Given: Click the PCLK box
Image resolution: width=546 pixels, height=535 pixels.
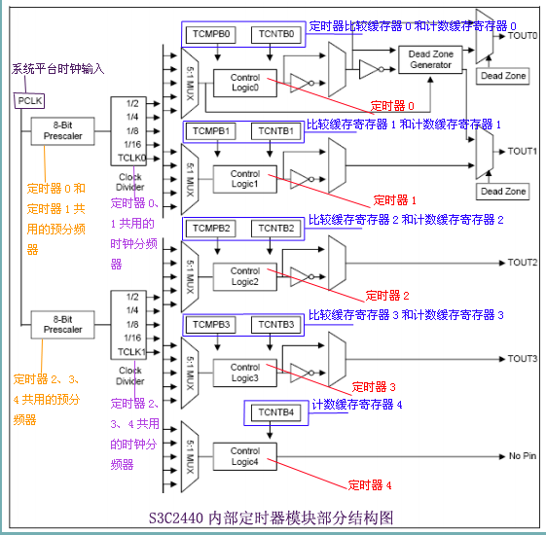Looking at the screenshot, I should coord(25,98).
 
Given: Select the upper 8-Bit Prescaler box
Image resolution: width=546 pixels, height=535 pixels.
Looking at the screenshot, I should coord(61,129).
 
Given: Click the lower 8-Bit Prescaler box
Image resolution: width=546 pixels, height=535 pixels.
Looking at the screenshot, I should coord(61,323).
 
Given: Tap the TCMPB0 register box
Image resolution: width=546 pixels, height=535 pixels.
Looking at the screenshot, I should coord(211,34).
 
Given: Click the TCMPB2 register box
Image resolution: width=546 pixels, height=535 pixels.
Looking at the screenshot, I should coord(211,228).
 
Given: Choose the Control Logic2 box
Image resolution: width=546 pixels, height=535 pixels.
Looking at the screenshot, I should coord(244,275).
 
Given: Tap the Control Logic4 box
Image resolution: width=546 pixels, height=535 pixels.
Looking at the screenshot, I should coord(244,455).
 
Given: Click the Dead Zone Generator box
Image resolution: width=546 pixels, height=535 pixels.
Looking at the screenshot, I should coord(431,59).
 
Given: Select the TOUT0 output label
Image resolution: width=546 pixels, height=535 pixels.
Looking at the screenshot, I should coord(523,36).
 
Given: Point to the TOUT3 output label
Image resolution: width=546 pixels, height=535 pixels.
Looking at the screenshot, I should coord(523,359).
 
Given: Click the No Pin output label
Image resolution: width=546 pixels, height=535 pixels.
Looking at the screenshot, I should coord(523,455).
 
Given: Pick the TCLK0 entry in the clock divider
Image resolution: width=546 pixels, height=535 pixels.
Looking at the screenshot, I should coord(131,157).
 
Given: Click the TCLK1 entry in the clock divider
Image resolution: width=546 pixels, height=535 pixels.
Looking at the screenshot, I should coord(131,351).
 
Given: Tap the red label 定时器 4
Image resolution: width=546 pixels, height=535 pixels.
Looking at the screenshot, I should coord(371,483).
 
